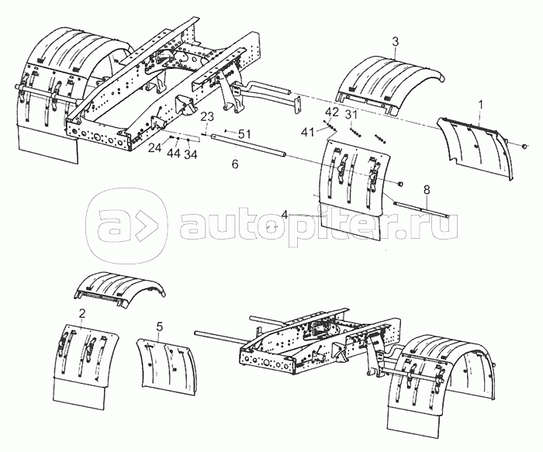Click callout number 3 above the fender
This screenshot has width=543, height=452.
[395, 42]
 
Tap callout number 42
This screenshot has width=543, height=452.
[332, 112]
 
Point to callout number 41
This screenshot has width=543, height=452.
[307, 132]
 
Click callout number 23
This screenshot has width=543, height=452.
[207, 116]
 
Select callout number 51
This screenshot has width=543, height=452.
[243, 134]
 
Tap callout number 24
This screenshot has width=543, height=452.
[155, 148]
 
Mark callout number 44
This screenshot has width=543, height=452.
[174, 153]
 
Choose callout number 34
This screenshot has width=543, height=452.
[191, 155]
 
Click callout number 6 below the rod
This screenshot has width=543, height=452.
[235, 164]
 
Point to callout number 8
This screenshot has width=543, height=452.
[427, 189]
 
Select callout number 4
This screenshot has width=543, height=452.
[285, 214]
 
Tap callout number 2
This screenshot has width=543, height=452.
[81, 313]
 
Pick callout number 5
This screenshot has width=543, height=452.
[159, 326]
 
